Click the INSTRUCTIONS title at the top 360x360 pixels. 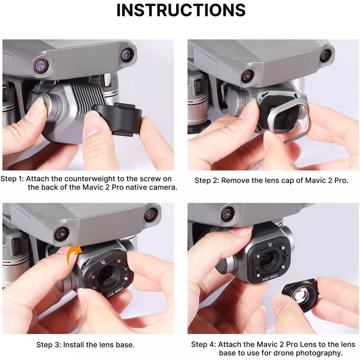point(181,11)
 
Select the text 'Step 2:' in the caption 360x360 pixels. point(207,181)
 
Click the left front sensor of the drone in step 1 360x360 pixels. point(41,65)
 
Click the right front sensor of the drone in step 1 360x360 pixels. point(127,54)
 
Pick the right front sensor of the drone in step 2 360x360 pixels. point(326,56)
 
